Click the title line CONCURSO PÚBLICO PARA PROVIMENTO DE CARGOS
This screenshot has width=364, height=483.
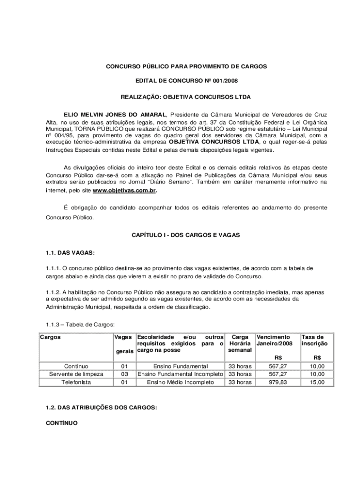point(186,67)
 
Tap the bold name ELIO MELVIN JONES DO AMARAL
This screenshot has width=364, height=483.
point(115,114)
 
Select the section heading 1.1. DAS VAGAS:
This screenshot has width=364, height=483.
point(64,252)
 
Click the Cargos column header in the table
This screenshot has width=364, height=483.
point(50,337)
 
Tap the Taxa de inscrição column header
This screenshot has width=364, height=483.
point(313,341)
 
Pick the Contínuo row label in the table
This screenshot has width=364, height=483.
point(76,366)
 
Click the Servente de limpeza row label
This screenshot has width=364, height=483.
point(76,374)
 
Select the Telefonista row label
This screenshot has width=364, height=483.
point(76,382)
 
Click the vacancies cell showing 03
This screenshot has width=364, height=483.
point(124,374)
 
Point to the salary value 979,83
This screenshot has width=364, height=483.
point(277,382)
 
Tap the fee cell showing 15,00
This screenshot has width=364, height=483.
point(317,382)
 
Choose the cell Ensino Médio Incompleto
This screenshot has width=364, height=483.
point(180,382)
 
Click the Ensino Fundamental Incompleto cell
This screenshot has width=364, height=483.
point(180,374)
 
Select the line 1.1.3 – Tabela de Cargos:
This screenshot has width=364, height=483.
point(77,325)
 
